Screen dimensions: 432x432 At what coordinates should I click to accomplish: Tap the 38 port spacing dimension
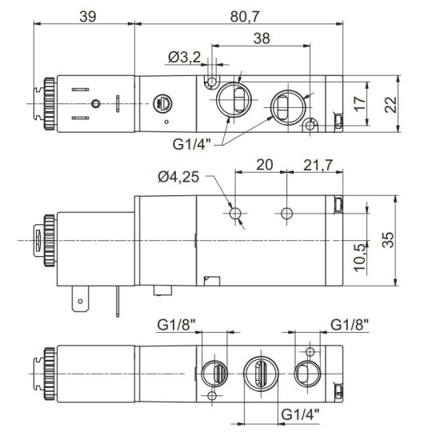pos(260,38)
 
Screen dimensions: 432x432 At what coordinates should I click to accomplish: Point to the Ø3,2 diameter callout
pos(186,57)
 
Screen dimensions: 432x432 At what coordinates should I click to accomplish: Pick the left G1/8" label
pos(177,325)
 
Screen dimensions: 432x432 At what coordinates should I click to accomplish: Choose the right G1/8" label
pos(350,325)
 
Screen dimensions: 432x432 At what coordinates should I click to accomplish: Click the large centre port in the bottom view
pos(262,374)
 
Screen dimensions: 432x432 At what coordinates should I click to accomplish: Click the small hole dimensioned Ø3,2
pos(212,82)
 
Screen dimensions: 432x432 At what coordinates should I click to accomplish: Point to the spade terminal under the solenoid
pos(79,302)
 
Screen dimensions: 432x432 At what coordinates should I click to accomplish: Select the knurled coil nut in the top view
pos(48,103)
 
